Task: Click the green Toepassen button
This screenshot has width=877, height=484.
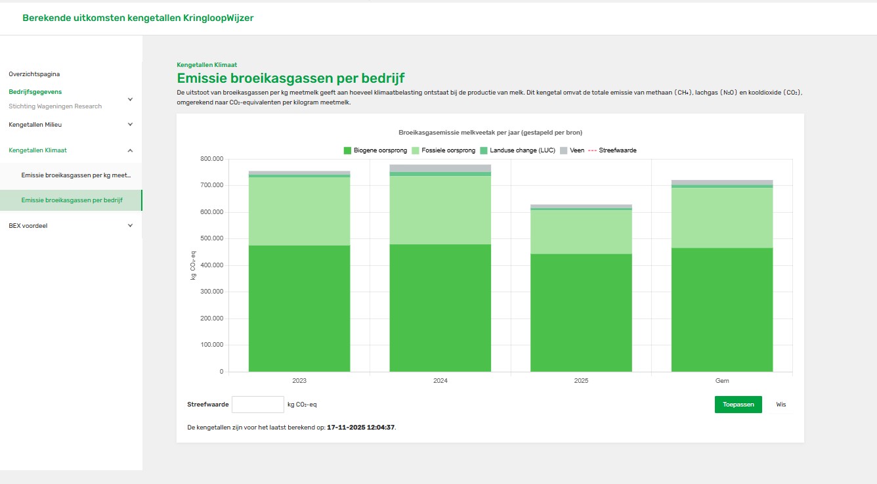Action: tap(738, 405)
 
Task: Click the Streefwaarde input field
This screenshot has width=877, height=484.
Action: tap(258, 405)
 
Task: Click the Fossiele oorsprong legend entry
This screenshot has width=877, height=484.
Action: tap(444, 150)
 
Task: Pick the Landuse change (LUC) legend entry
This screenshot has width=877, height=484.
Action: tap(518, 150)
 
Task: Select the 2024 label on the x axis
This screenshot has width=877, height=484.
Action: tap(440, 381)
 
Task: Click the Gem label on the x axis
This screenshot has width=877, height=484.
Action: tap(721, 381)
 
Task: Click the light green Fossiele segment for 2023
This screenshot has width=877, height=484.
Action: tap(299, 211)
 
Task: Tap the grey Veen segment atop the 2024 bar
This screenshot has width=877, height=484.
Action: tap(440, 168)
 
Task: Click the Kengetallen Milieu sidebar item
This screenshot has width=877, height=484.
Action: tap(35, 124)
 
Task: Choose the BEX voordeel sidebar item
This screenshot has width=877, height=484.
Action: tap(28, 225)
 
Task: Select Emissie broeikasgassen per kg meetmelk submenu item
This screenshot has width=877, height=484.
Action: tap(76, 175)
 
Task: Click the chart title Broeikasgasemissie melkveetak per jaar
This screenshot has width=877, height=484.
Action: tap(490, 133)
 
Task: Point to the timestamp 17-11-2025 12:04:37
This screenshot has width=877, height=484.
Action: tap(361, 427)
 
